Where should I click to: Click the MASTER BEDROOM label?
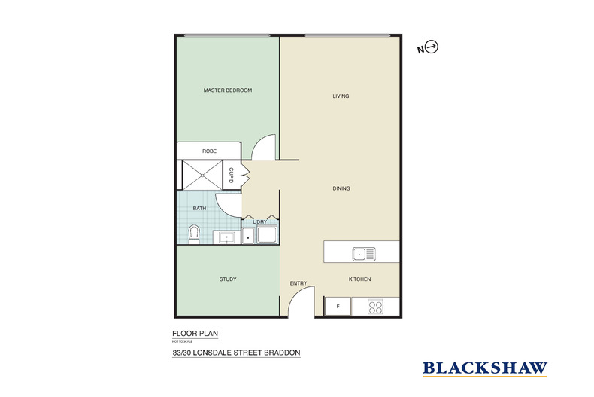pos(227,90)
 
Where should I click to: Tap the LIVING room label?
pos(341,96)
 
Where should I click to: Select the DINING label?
pos(341,188)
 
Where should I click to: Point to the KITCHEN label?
pos(359,279)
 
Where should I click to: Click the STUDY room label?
pos(227,279)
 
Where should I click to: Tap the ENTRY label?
pos(299,283)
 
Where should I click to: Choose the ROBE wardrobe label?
pos(209,151)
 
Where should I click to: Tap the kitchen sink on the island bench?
pos(364,254)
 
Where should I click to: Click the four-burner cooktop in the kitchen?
pos(376,307)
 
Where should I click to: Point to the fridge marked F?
pos(338,307)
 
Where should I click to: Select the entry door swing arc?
pos(299,303)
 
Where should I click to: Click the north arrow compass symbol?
pos(432,48)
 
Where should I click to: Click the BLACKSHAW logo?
pos(484,368)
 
